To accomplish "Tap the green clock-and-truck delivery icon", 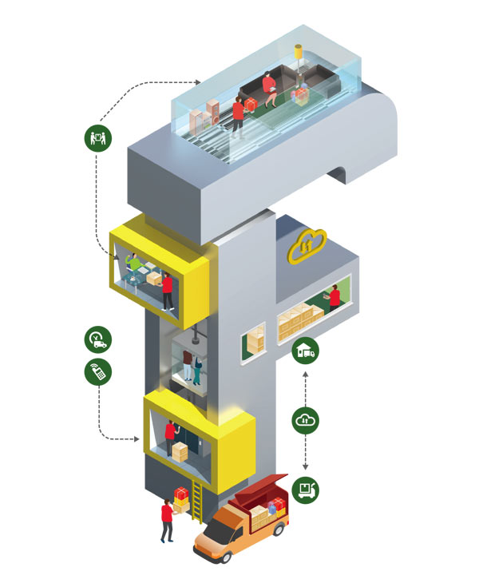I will click(x=98, y=339).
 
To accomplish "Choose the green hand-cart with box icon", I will click(x=306, y=488).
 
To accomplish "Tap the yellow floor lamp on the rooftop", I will click(x=299, y=60).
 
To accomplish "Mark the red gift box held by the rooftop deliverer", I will click(x=250, y=105).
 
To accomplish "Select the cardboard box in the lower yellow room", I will click(x=180, y=453).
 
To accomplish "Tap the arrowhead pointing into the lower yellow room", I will click(x=137, y=438).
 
